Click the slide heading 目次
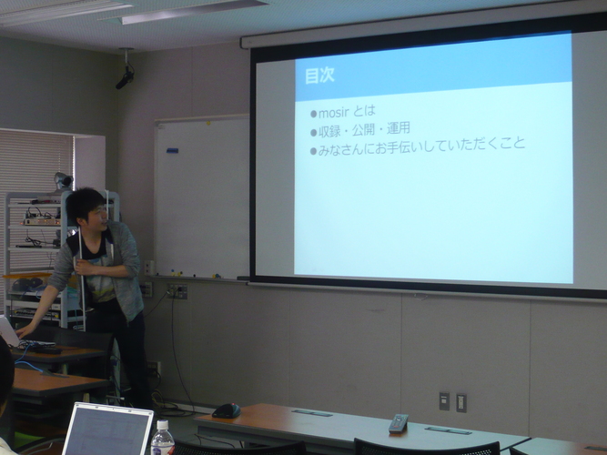click(319, 76)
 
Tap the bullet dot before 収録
click(314, 133)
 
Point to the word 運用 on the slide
click(398, 128)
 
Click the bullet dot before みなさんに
click(314, 151)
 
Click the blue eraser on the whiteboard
click(172, 150)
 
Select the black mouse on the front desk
click(227, 410)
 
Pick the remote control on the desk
click(399, 423)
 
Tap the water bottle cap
click(163, 425)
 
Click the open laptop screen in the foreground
click(107, 430)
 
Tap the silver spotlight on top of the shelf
click(63, 181)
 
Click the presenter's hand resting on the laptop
click(24, 331)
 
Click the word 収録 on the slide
click(329, 132)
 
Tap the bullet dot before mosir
click(314, 114)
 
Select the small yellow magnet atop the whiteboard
click(208, 123)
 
